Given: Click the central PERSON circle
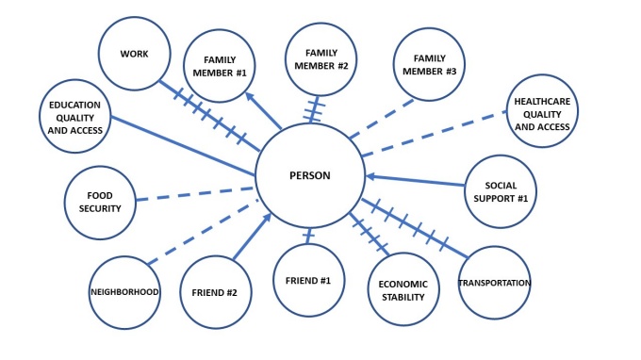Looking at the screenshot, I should (308, 176).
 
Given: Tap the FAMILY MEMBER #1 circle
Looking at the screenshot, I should (219, 66).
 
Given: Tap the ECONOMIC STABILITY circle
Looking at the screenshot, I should (403, 290).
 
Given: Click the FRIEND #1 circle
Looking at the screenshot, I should (307, 280).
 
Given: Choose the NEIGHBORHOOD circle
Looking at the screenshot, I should (124, 292).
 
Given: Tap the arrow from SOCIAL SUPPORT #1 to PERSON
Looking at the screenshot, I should (415, 180).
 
